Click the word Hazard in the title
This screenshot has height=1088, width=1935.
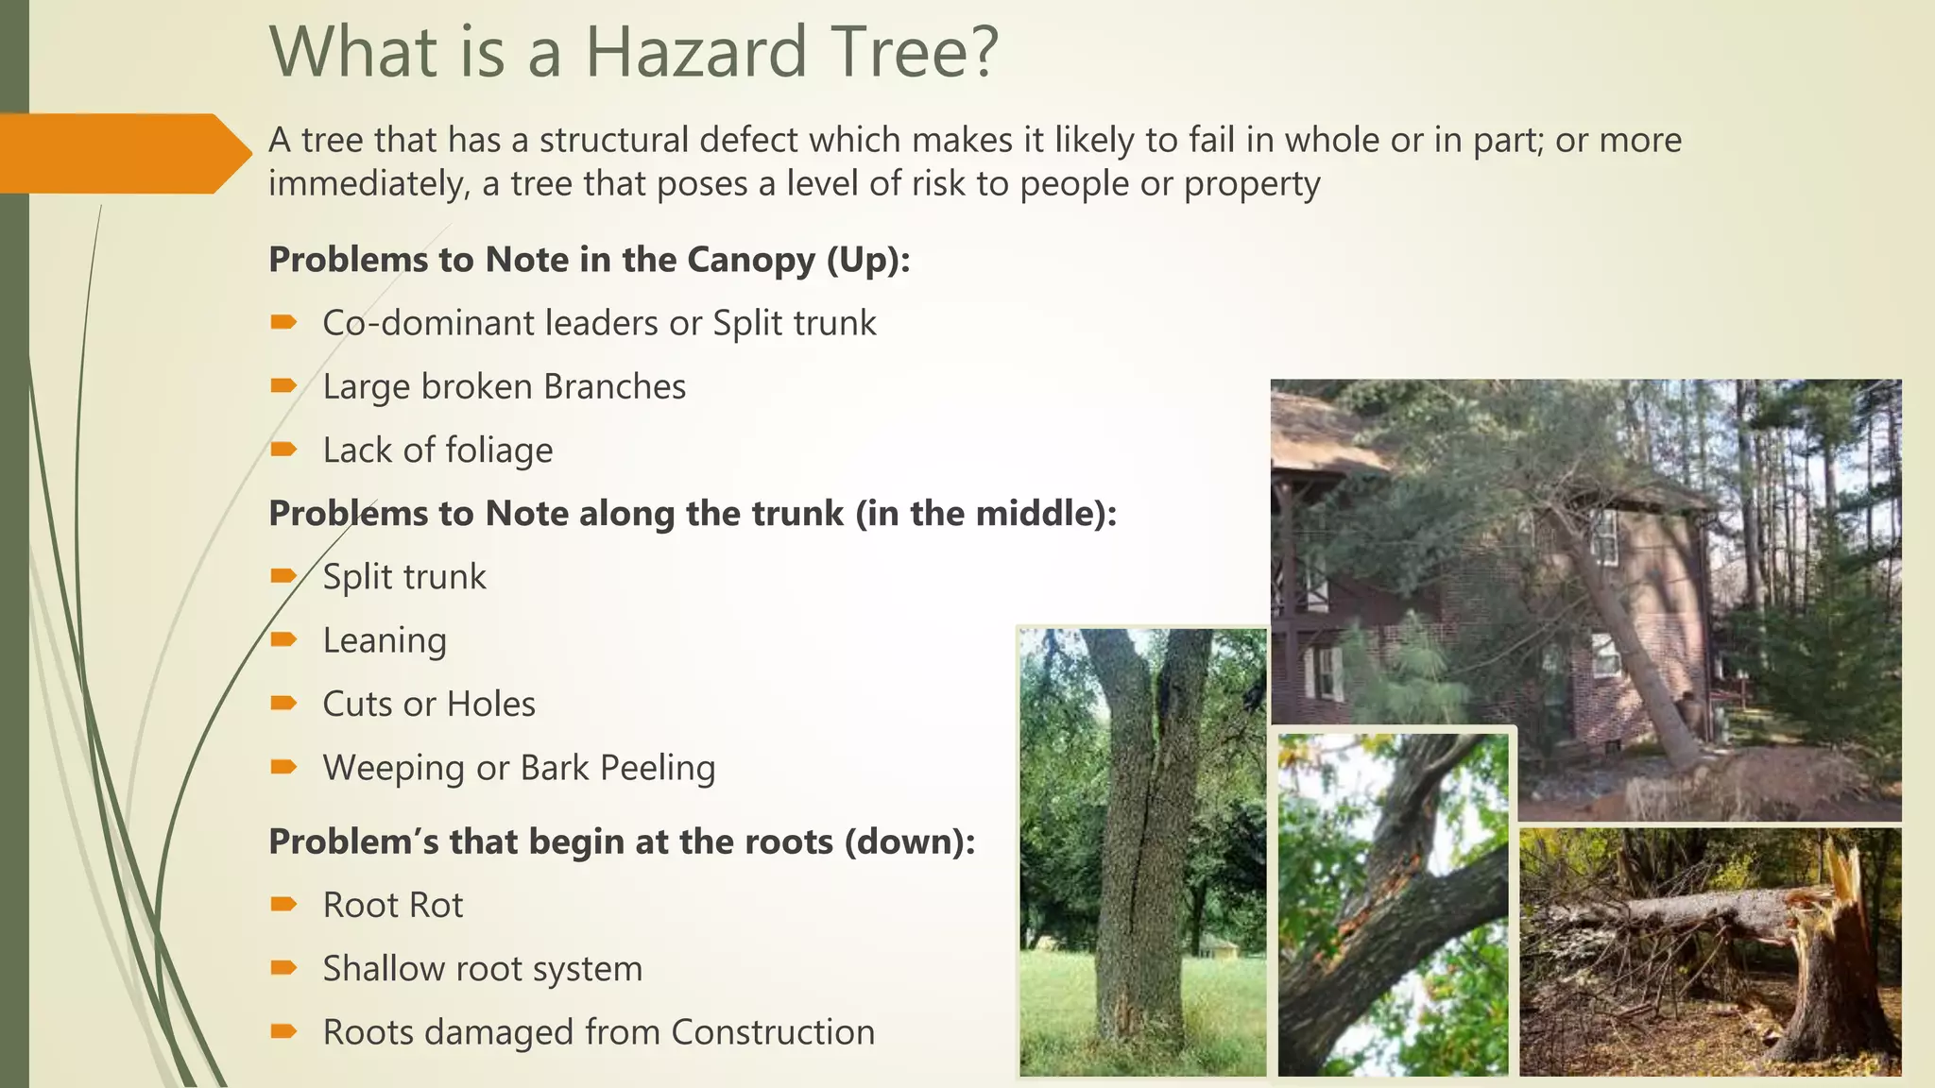pyautogui.click(x=695, y=52)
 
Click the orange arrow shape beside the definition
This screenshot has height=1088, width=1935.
pyautogui.click(x=123, y=154)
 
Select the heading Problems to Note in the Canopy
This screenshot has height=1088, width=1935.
pyautogui.click(x=589, y=260)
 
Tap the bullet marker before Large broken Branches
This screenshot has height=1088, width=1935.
pyautogui.click(x=283, y=385)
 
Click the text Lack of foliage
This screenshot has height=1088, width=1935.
pyautogui.click(x=437, y=450)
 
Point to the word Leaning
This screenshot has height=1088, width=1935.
pyautogui.click(x=385, y=640)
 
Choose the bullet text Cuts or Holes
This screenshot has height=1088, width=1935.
pyautogui.click(x=429, y=705)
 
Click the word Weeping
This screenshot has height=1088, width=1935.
pyautogui.click(x=394, y=769)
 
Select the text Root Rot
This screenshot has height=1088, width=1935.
pyautogui.click(x=393, y=906)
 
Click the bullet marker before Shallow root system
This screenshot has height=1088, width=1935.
pyautogui.click(x=283, y=967)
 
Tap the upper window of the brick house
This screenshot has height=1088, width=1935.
pyautogui.click(x=1604, y=536)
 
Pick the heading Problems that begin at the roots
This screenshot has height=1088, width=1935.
pyautogui.click(x=621, y=841)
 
